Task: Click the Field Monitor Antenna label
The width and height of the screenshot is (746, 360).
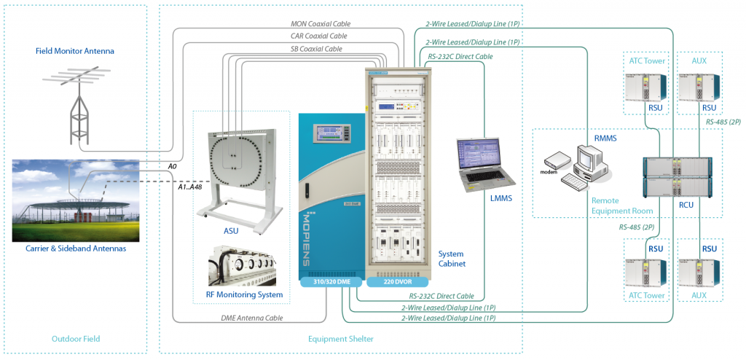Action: pos(75,51)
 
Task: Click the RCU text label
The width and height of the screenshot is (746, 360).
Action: pos(686,205)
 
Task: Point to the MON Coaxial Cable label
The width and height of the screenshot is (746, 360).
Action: pos(319,23)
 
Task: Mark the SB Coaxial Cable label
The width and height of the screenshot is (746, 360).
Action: pos(316,49)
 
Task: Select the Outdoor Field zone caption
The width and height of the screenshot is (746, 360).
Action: pos(76,339)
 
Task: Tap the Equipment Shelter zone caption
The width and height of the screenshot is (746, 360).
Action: pos(341,339)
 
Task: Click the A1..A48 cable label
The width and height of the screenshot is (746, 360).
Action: pos(191,187)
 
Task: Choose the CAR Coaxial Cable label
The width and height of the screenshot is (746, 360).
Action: pos(319,35)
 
